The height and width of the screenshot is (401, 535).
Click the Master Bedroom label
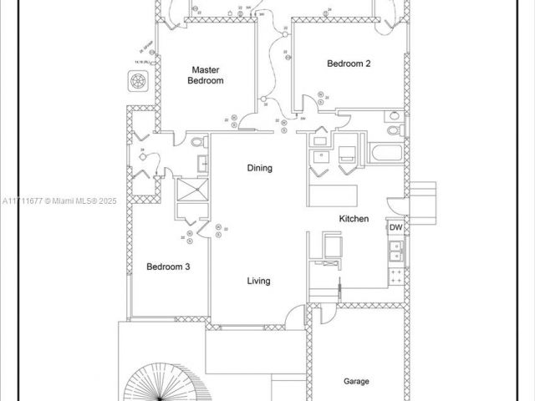point(205,75)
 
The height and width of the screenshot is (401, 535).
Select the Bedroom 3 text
point(169,266)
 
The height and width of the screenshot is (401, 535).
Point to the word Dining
point(259,168)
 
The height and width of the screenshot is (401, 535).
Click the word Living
point(258,281)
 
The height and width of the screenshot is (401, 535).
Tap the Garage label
point(356,381)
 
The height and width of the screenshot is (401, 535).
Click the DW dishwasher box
point(396,227)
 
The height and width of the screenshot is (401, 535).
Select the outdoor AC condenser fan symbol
point(138,81)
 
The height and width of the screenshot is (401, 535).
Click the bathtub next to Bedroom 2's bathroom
point(385,154)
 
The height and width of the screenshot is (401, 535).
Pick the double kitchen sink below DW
point(396,249)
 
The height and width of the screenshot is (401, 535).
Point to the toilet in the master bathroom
point(198,144)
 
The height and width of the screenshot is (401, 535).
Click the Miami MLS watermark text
point(60,200)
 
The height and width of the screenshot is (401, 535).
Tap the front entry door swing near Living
point(293,317)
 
